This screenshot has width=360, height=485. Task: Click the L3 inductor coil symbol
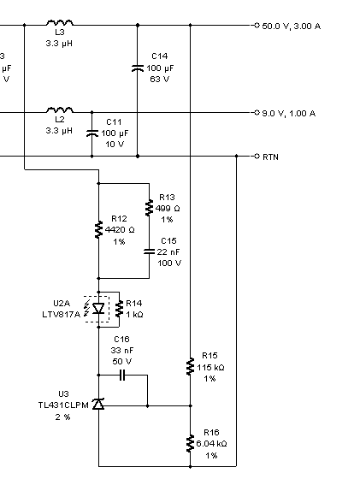tap(60, 22)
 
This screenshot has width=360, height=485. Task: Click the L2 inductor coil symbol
tap(60, 109)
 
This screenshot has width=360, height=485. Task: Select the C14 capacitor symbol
tap(138, 68)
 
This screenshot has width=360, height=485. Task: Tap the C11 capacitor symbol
tap(91, 133)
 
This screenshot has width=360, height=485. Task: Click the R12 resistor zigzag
tap(98, 229)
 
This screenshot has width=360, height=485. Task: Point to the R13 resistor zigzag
tap(149, 208)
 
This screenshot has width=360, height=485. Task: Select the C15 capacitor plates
tap(149, 251)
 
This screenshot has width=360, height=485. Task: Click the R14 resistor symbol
tap(119, 309)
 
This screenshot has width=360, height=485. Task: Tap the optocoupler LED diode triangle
tap(98, 309)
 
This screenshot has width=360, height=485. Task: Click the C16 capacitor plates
tap(122, 376)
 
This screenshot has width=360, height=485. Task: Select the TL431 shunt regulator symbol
tap(98, 404)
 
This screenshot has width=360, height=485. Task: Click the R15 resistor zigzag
tap(190, 367)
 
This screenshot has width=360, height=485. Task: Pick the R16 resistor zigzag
tap(190, 443)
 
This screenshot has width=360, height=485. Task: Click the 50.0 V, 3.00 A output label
tap(291, 27)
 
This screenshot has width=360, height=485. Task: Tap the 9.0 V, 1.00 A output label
tap(288, 114)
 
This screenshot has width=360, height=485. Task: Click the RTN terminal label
tap(270, 157)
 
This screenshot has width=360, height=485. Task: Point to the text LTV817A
tap(62, 315)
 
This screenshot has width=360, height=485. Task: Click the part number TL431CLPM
tap(63, 405)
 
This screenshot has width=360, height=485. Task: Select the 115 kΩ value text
tap(210, 368)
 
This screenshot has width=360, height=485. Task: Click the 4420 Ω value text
tap(120, 230)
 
